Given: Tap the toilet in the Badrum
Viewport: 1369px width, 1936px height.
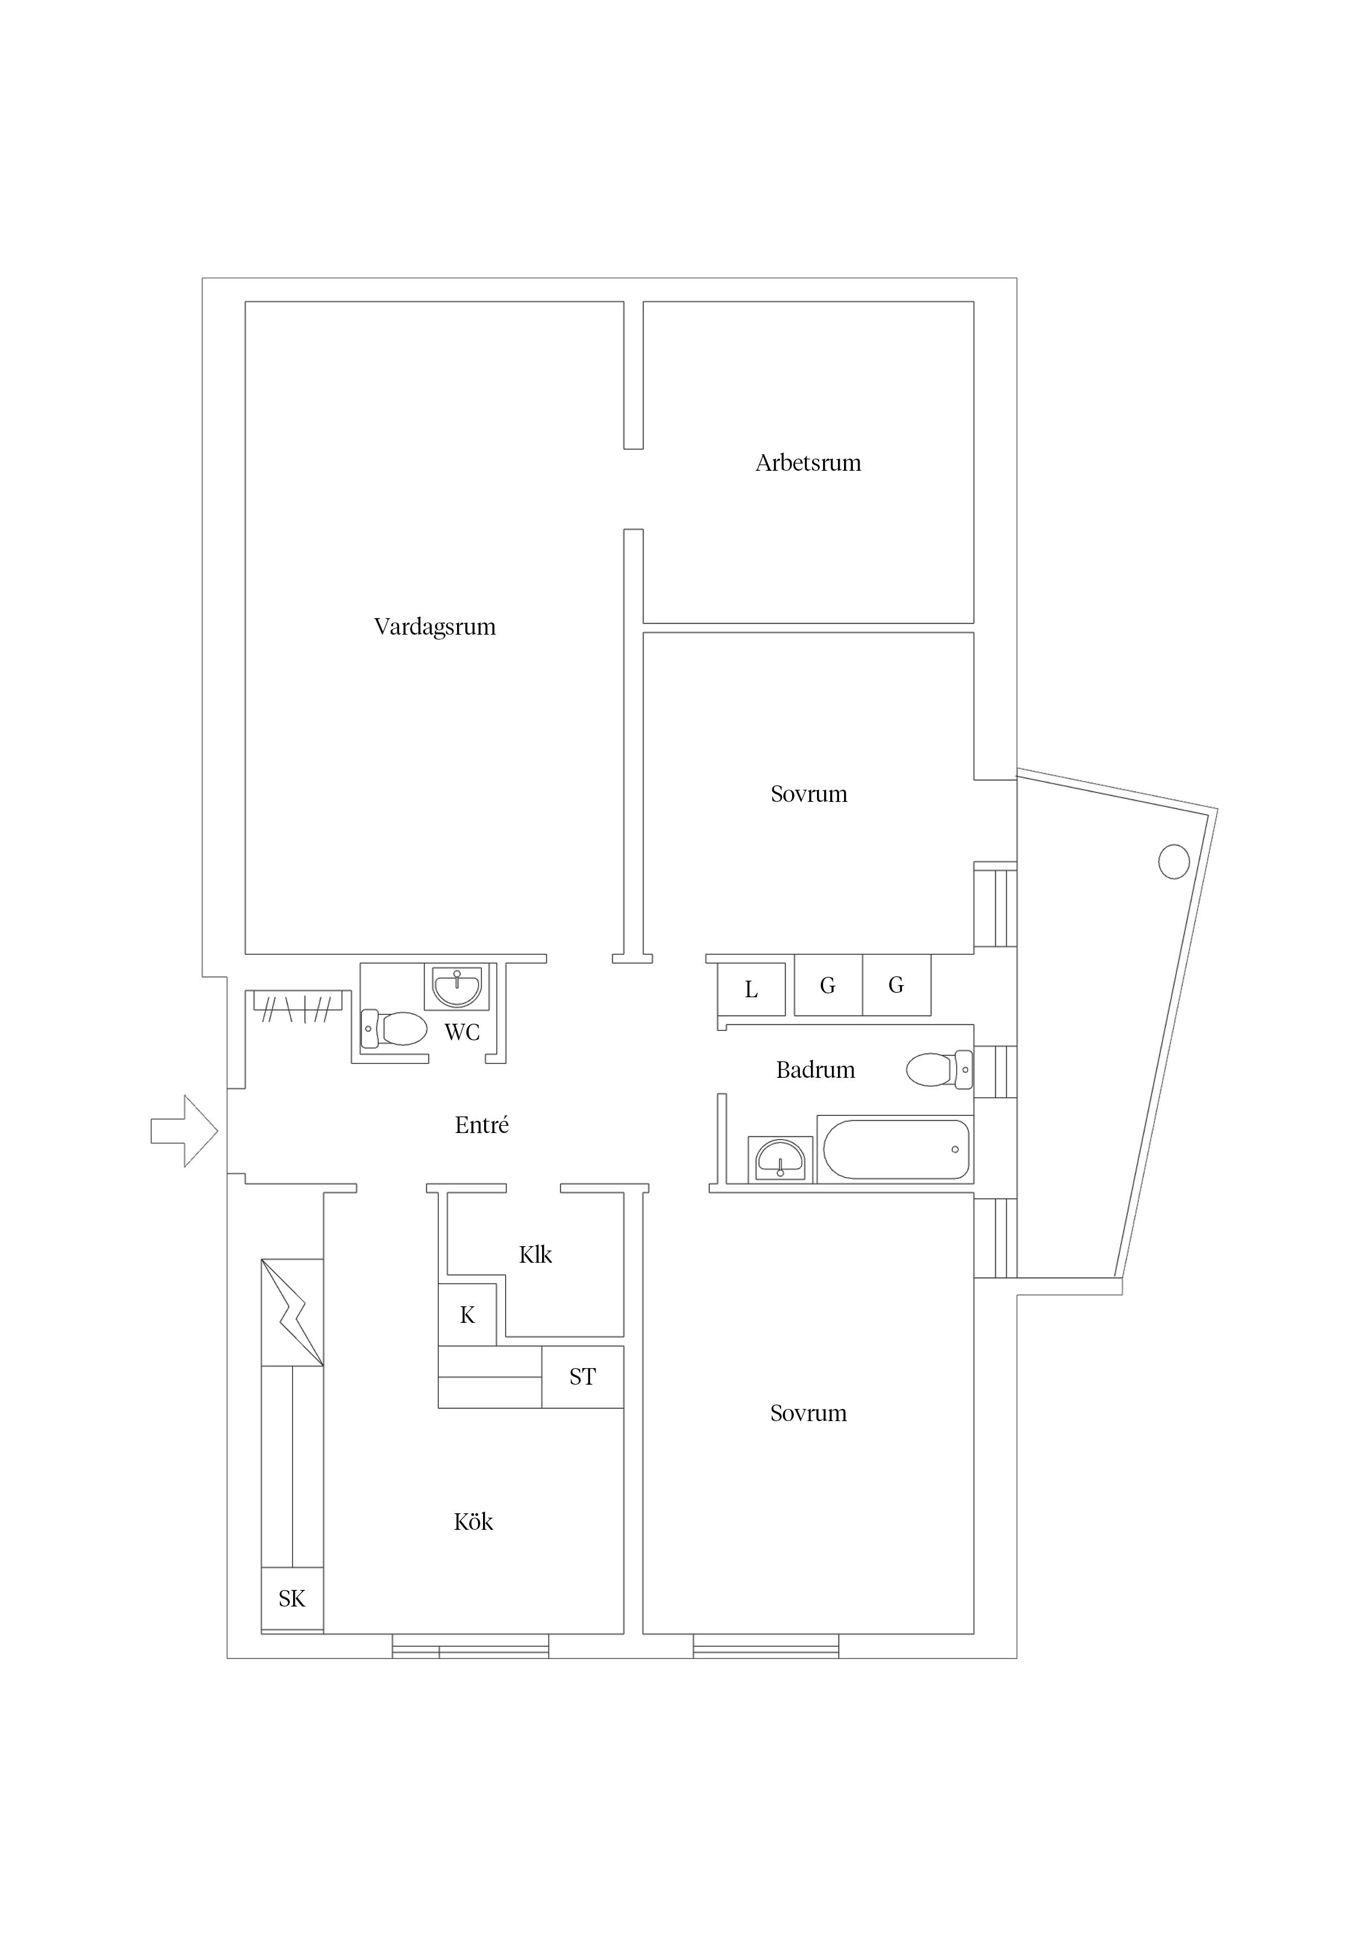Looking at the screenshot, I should [x=938, y=1070].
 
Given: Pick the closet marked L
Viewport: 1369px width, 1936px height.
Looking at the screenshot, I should [x=751, y=989].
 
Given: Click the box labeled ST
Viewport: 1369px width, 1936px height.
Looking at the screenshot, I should [x=582, y=1377].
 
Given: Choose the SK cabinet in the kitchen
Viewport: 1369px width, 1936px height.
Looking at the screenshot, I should [x=292, y=1599].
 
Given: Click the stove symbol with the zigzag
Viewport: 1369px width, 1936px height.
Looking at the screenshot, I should [x=292, y=1312].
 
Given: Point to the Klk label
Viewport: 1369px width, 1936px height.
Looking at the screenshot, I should [x=535, y=1256].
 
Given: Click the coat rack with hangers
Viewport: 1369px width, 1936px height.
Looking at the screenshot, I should [x=297, y=1006].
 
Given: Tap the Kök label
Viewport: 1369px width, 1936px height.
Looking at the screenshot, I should [x=473, y=1522].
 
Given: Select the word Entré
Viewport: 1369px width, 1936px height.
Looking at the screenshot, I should [x=482, y=1126].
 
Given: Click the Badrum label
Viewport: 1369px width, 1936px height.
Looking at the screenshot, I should [x=815, y=1070].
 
